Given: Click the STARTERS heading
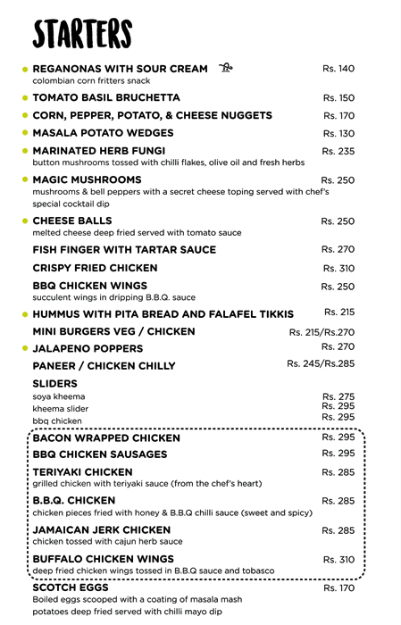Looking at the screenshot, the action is [82, 34].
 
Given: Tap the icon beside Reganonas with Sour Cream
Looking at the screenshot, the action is [227, 68].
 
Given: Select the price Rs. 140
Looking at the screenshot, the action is [338, 69].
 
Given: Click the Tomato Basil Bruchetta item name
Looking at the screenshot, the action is [106, 97].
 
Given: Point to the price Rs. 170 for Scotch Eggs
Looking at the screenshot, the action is [338, 588].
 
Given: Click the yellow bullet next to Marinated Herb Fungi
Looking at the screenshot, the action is [25, 151].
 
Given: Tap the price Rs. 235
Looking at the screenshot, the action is [338, 152].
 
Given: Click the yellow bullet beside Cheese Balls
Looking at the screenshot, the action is [25, 221].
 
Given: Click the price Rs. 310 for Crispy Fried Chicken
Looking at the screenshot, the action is [338, 268].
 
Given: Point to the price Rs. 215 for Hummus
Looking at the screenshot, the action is [339, 312].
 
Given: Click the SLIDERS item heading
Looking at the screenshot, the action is [55, 383].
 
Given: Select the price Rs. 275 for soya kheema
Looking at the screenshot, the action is [338, 396].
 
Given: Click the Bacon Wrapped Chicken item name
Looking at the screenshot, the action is [106, 438].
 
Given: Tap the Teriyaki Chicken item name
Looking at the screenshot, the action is [82, 472].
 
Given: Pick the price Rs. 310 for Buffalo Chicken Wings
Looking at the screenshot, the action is [338, 559].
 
